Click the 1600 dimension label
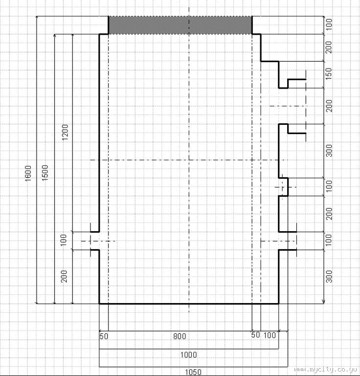pyautogui.click(x=28, y=173)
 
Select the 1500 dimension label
pyautogui.click(x=45, y=173)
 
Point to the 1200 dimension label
pyautogui.click(x=65, y=132)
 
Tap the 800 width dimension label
pyautogui.click(x=180, y=336)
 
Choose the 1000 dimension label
pyautogui.click(x=188, y=354)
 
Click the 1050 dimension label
pyautogui.click(x=193, y=372)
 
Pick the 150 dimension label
pyautogui.click(x=329, y=73)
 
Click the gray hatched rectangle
pyautogui.click(x=180, y=25)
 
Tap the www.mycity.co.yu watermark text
pyautogui.click(x=326, y=370)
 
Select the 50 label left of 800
pyautogui.click(x=104, y=336)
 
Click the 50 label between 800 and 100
pyautogui.click(x=255, y=335)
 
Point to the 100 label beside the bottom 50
pyautogui.click(x=270, y=335)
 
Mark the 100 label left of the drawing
pyautogui.click(x=63, y=240)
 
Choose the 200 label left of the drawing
pyautogui.click(x=64, y=276)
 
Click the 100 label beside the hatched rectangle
pyautogui.click(x=329, y=24)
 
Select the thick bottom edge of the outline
pyautogui.click(x=189, y=304)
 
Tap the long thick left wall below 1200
pyautogui.click(x=99, y=133)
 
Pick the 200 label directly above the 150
pyautogui.click(x=329, y=47)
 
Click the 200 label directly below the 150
pyautogui.click(x=329, y=106)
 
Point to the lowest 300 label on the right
pyautogui.click(x=329, y=276)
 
